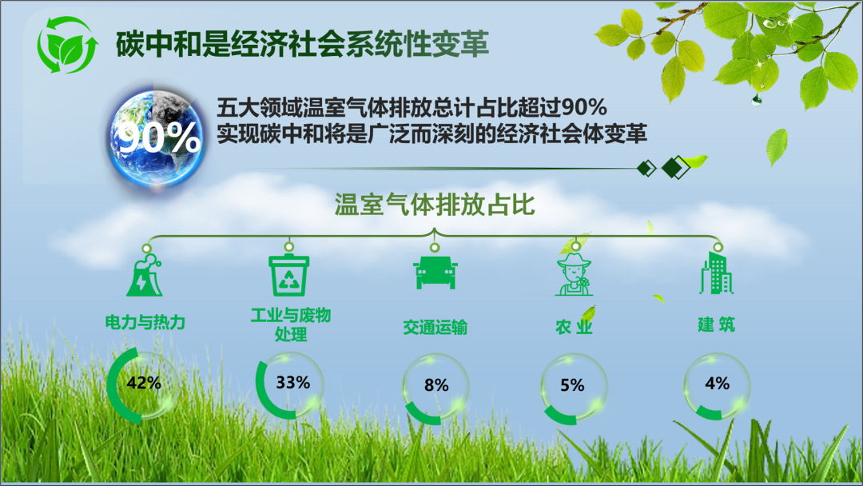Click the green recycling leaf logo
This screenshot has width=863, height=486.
pyautogui.click(x=67, y=45)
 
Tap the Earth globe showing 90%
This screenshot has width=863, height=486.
pyautogui.click(x=158, y=138)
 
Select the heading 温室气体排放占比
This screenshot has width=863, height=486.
pyautogui.click(x=435, y=205)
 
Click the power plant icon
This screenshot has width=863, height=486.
pyautogui.click(x=145, y=276)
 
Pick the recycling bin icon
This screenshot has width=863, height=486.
pyautogui.click(x=289, y=275)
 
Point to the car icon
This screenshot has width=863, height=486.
pyautogui.click(x=435, y=272)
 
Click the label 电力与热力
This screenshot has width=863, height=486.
pyautogui.click(x=145, y=322)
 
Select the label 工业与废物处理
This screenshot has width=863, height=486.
pyautogui.click(x=291, y=325)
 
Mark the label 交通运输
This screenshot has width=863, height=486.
pyautogui.click(x=435, y=328)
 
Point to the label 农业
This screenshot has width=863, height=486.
pyautogui.click(x=574, y=327)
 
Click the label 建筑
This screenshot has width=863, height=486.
pyautogui.click(x=717, y=325)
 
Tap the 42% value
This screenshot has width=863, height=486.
pyautogui.click(x=144, y=383)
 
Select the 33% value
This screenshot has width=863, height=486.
pyautogui.click(x=292, y=382)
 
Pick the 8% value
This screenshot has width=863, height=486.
pyautogui.click(x=436, y=385)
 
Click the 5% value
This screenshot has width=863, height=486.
pyautogui.click(x=572, y=385)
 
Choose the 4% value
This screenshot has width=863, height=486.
pyautogui.click(x=717, y=383)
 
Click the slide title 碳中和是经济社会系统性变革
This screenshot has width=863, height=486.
pyautogui.click(x=302, y=44)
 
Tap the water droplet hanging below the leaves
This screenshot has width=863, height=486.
pyautogui.click(x=757, y=100)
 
